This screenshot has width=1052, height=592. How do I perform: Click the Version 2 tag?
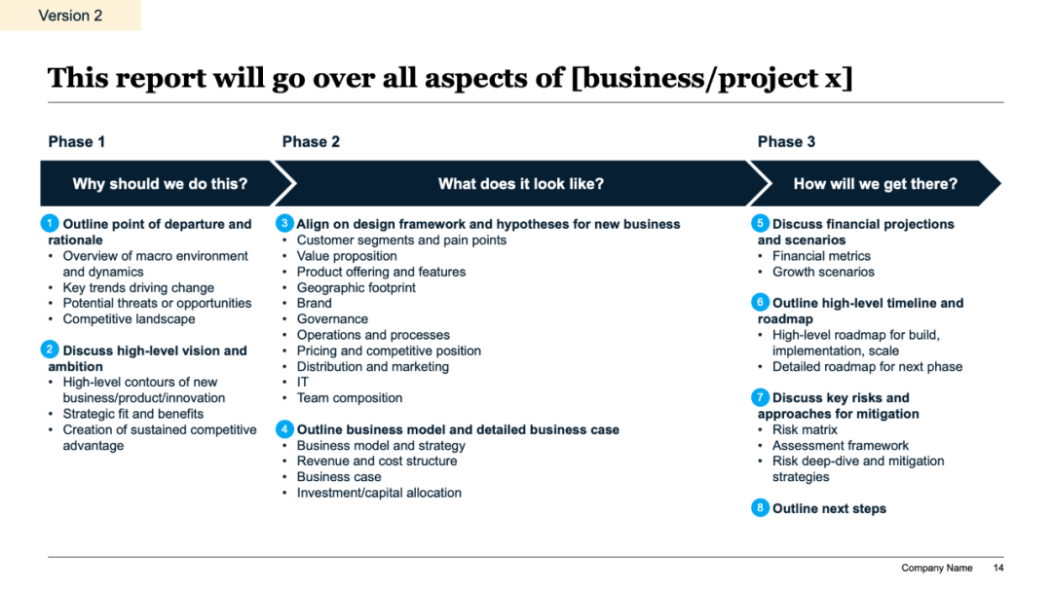(x=70, y=15)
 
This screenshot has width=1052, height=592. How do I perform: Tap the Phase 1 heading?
(x=77, y=141)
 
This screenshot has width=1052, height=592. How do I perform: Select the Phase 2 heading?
(x=311, y=141)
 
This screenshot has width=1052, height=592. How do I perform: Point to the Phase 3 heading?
(x=786, y=141)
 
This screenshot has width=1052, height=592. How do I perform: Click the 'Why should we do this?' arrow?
(x=161, y=183)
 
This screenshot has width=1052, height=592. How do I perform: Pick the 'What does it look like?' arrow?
(x=520, y=183)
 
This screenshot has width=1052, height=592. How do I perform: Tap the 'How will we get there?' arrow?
(x=875, y=183)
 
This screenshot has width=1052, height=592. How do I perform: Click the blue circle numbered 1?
(x=50, y=223)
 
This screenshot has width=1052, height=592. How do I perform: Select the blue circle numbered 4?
(x=284, y=429)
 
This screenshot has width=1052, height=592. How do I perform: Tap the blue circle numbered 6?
(x=760, y=303)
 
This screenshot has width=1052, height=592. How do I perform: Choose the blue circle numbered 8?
(x=760, y=507)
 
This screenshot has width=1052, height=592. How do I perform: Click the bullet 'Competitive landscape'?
(x=129, y=319)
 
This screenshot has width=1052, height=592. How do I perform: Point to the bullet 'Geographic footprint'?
(x=357, y=287)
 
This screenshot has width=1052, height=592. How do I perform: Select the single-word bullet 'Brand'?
(x=314, y=303)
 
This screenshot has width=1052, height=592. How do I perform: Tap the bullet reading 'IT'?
(x=303, y=382)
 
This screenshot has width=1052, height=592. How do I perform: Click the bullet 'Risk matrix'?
(x=805, y=429)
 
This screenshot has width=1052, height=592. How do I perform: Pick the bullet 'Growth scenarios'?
(x=823, y=272)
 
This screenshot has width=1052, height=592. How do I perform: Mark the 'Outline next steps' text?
(x=829, y=508)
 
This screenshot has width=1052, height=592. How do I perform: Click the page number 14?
(x=998, y=568)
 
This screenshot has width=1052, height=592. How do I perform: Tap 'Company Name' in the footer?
(x=937, y=568)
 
